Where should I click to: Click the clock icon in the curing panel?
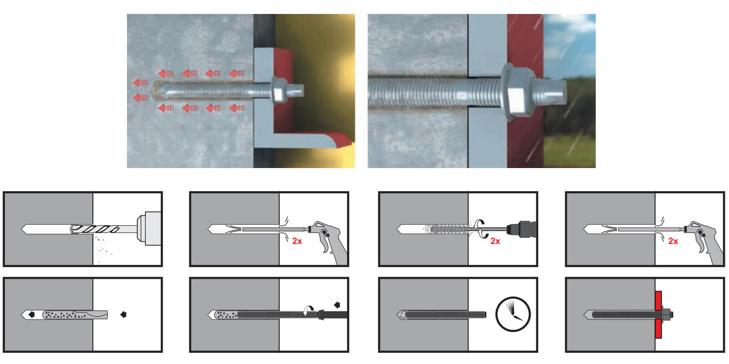[513, 314]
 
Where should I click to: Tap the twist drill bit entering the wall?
[95, 229]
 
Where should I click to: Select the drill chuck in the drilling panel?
[149, 228]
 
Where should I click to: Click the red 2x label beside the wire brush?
[495, 241]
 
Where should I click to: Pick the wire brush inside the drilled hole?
[448, 229]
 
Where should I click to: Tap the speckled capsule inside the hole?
[75, 315]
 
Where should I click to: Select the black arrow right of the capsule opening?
[123, 314]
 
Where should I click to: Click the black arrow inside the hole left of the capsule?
[32, 314]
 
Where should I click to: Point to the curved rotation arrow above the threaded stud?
[308, 309]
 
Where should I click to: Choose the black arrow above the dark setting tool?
[337, 305]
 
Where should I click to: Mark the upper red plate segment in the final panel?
[658, 301]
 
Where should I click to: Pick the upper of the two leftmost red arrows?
[141, 83]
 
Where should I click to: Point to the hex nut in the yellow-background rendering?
[280, 91]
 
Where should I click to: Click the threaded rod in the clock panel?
[446, 314]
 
